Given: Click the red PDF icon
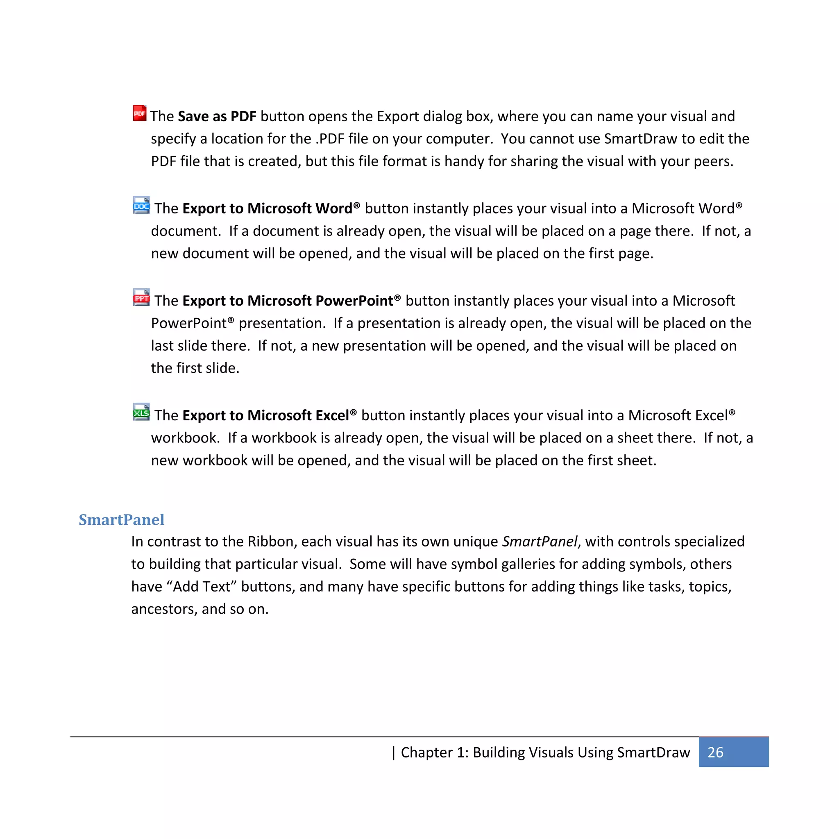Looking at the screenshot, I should (x=139, y=113).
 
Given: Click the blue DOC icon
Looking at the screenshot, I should (x=141, y=205).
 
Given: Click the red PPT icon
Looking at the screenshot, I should (x=141, y=297).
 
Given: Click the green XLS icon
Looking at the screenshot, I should (x=141, y=412).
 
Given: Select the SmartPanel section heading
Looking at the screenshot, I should (x=121, y=520).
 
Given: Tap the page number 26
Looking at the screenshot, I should (x=715, y=753).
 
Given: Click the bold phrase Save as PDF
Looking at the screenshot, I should (x=217, y=116).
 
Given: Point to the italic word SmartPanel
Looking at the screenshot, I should (x=540, y=542).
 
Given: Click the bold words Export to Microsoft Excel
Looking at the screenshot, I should (x=265, y=415).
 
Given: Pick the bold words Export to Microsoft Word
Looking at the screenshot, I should (x=267, y=209).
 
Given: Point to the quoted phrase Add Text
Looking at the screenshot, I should (x=202, y=587).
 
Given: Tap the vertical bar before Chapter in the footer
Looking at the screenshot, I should (x=393, y=753).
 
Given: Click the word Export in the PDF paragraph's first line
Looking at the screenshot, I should (x=398, y=116).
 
